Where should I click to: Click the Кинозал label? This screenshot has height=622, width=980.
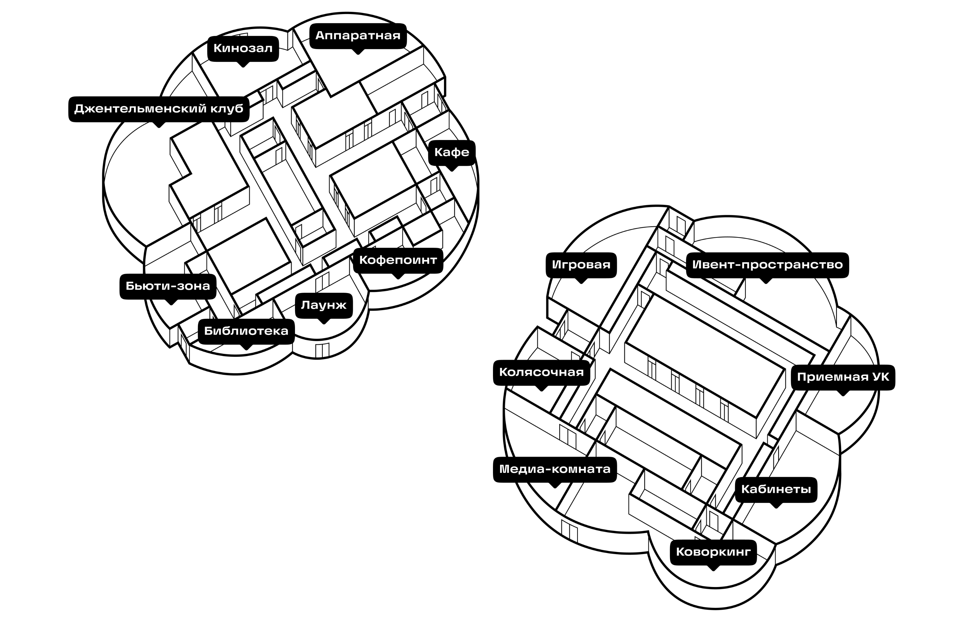243,49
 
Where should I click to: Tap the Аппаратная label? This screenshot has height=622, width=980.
358,36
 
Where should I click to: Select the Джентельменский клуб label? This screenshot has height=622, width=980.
159,109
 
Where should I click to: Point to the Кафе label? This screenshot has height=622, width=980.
452,153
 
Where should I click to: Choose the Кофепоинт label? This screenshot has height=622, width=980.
398,261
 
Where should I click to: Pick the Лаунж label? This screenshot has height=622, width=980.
324,305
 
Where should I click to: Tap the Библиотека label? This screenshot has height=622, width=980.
246,331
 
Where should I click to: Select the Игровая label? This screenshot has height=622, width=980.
581,265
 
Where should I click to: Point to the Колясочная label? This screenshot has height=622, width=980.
542,373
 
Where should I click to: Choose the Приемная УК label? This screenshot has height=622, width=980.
843,378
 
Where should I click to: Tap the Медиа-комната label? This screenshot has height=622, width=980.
555,470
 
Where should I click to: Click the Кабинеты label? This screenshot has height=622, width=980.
776,490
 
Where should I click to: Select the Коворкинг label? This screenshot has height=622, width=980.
713,553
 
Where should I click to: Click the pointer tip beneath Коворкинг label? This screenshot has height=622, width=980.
713,570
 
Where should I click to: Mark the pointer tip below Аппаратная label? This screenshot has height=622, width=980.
358,53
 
